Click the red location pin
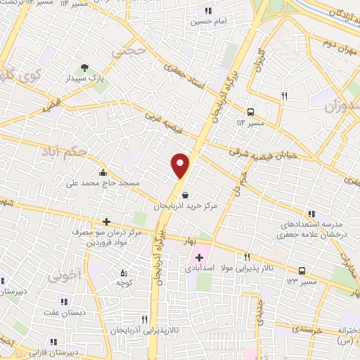click(180, 166)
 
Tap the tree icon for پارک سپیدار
click(84, 68)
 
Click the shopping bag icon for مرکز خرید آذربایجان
click(184, 195)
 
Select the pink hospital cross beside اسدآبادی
click(199, 258)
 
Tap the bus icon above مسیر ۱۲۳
click(302, 270)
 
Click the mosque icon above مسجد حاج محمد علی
click(103, 172)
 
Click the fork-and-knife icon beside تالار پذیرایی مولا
click(247, 257)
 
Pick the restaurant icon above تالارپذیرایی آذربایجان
click(144, 319)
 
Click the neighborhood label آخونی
click(65, 276)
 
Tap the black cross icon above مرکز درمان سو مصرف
click(106, 221)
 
